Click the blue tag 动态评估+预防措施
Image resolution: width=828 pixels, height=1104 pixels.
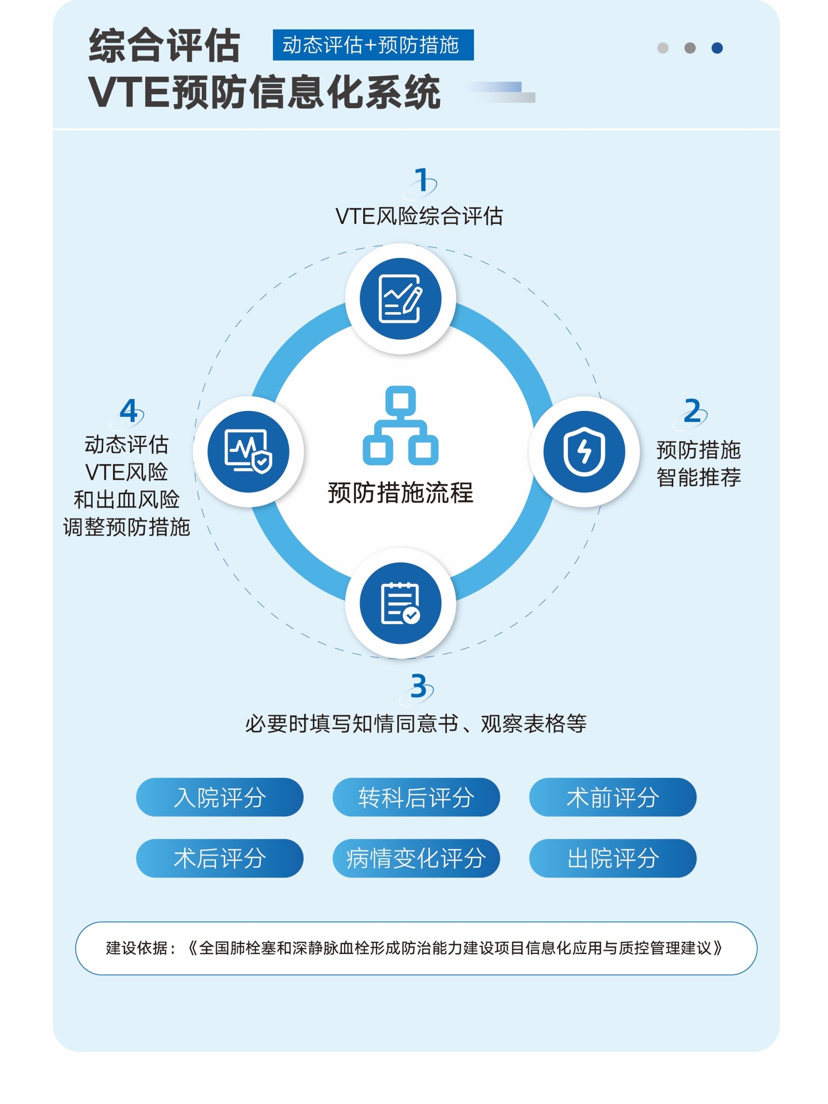click(x=373, y=45)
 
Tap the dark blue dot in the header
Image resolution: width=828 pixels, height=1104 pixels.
click(x=717, y=48)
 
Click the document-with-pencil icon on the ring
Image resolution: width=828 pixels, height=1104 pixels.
click(x=400, y=298)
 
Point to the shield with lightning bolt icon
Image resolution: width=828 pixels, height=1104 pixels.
click(x=584, y=451)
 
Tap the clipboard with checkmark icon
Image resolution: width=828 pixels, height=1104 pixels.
click(x=400, y=603)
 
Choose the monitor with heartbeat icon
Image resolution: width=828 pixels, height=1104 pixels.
click(x=248, y=451)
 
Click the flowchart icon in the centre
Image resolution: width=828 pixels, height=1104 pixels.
click(x=400, y=425)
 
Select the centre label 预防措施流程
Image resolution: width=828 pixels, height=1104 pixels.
click(x=400, y=493)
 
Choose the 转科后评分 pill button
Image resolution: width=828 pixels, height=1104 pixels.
click(x=416, y=797)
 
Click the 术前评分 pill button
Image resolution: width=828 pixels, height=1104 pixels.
click(x=612, y=797)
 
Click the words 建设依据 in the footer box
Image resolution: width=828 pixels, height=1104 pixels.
click(x=136, y=948)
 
